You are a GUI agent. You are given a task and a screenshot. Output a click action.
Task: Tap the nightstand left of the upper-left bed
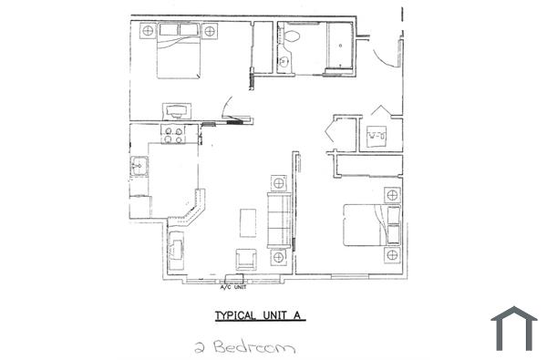(146, 31)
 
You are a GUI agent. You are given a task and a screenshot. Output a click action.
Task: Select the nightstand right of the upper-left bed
(211, 31)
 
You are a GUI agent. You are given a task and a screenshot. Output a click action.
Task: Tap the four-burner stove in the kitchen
(173, 134)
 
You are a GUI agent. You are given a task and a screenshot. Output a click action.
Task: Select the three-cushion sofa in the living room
(278, 220)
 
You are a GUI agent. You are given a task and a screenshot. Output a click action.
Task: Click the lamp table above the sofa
(278, 183)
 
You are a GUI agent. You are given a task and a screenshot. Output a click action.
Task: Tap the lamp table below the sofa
(278, 258)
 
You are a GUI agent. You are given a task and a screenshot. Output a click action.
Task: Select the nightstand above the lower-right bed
(392, 195)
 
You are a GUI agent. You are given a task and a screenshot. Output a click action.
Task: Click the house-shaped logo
(514, 329)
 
